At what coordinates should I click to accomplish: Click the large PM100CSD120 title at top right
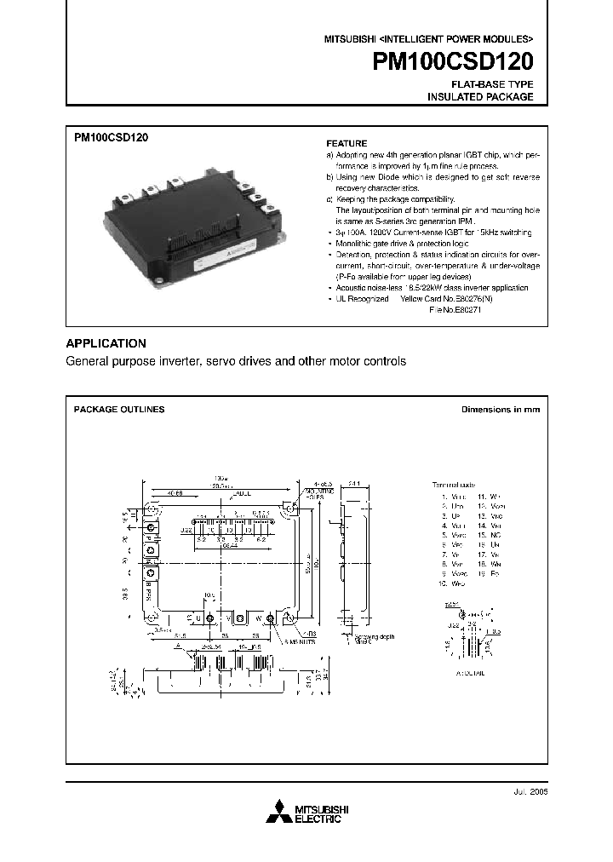453,63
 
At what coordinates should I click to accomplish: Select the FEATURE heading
347,144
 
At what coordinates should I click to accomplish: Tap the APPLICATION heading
106,343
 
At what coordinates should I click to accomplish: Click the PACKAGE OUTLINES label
119,410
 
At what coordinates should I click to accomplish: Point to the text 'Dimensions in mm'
501,410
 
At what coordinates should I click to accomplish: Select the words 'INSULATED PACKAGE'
480,97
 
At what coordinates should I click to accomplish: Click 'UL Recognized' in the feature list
362,299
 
